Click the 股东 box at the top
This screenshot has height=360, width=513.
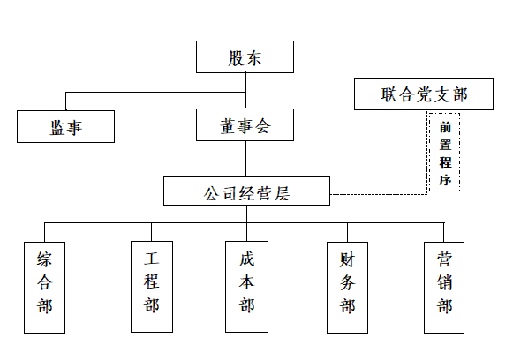click(245, 56)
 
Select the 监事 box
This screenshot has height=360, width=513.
click(65, 126)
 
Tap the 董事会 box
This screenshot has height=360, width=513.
click(245, 125)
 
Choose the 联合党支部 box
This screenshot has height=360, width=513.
click(424, 94)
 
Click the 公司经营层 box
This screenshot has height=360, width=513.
click(246, 191)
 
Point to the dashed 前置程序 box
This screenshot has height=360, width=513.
click(445, 152)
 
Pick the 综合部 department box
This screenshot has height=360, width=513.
click(44, 288)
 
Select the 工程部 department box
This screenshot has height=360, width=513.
click(152, 287)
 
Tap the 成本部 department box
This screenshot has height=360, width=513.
click(246, 287)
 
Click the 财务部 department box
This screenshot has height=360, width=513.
click(348, 288)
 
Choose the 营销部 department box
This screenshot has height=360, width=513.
click(444, 288)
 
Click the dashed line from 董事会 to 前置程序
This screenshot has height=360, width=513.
click(360, 124)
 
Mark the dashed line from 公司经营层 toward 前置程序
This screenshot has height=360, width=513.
click(379, 194)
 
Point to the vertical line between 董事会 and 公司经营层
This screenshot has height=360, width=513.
click(246, 159)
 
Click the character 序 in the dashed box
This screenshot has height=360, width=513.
click(445, 179)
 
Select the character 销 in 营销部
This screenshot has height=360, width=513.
click(444, 283)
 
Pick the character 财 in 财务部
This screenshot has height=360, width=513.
click(347, 260)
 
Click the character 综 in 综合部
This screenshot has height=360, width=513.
click(44, 259)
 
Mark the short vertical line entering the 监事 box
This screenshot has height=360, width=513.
click(65, 101)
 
